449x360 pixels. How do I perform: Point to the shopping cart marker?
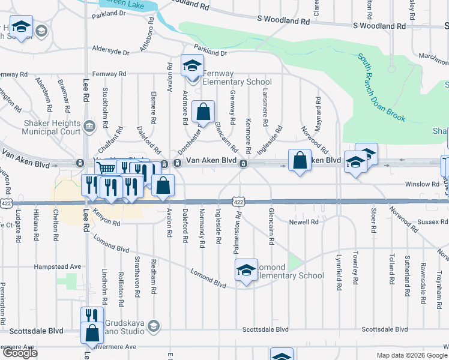tap(106, 169)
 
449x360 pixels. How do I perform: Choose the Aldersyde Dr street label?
tap(110, 52)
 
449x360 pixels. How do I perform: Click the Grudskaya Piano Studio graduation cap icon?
tap(153, 326)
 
